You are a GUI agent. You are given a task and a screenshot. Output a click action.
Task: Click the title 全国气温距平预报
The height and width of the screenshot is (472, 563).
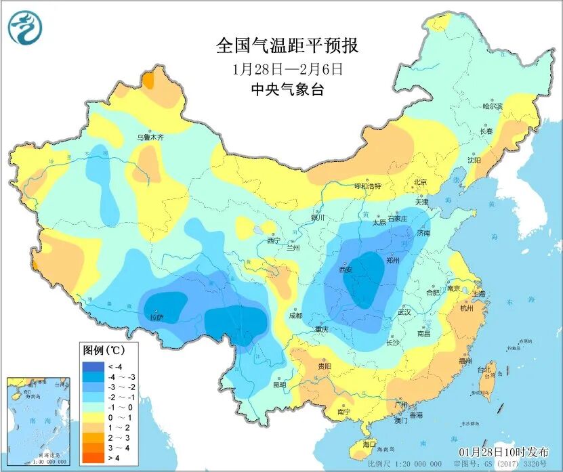(287, 45)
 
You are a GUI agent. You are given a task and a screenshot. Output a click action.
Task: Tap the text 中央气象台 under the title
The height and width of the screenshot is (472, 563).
(287, 90)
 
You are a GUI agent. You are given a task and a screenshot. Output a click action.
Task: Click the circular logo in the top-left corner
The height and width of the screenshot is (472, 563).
(25, 28)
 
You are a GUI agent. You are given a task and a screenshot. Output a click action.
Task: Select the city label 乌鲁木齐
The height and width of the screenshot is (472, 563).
(150, 137)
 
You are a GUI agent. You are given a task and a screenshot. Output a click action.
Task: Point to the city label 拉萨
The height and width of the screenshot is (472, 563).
(156, 317)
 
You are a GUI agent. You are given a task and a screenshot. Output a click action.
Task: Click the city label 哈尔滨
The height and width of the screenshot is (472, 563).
(492, 106)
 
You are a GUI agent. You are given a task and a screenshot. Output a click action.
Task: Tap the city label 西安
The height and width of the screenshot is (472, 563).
(346, 270)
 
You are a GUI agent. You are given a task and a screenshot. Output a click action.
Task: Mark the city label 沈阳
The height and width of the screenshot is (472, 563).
(474, 160)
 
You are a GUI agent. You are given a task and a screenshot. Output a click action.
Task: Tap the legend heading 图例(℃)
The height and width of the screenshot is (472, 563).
(102, 351)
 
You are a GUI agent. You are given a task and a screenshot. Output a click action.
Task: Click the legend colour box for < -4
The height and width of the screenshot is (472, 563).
(91, 366)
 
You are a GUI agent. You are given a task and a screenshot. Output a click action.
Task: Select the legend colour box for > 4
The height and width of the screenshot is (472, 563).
(91, 458)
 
